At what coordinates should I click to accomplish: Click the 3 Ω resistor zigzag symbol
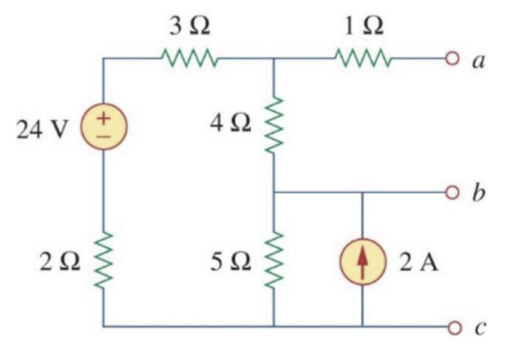point(189,59)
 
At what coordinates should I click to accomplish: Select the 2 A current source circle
point(363,261)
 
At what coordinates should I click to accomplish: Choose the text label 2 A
point(419,263)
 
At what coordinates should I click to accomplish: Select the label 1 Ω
point(363,27)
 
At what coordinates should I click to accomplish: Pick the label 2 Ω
point(60,262)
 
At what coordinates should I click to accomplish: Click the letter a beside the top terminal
point(479,61)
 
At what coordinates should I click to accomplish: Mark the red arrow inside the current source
point(363,261)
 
